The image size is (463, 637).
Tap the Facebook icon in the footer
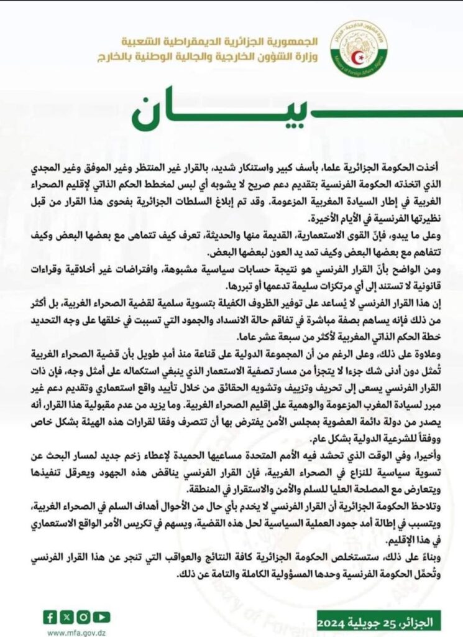point(50,617)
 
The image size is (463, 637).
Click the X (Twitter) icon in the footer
point(66,617)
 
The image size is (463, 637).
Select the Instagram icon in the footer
point(82,617)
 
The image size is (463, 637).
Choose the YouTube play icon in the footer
point(99,617)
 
